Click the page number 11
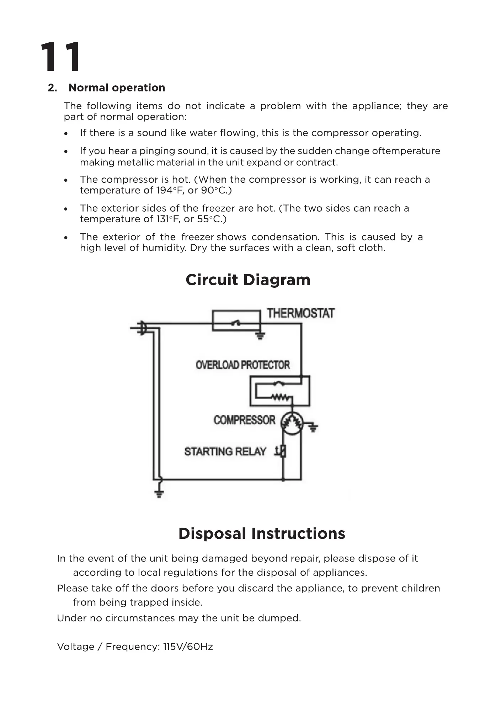[x=60, y=57]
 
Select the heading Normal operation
[x=117, y=88]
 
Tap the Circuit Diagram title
[x=248, y=280]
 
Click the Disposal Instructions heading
[x=262, y=533]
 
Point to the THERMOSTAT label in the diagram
[x=301, y=313]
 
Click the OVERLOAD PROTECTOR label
[x=243, y=365]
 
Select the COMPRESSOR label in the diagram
[x=245, y=420]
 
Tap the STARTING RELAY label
[x=225, y=452]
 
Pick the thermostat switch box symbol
[x=236, y=321]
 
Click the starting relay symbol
[x=282, y=451]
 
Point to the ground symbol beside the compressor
[x=313, y=427]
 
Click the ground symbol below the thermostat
[x=261, y=336]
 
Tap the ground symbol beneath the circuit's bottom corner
[x=159, y=493]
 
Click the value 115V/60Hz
[x=188, y=647]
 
